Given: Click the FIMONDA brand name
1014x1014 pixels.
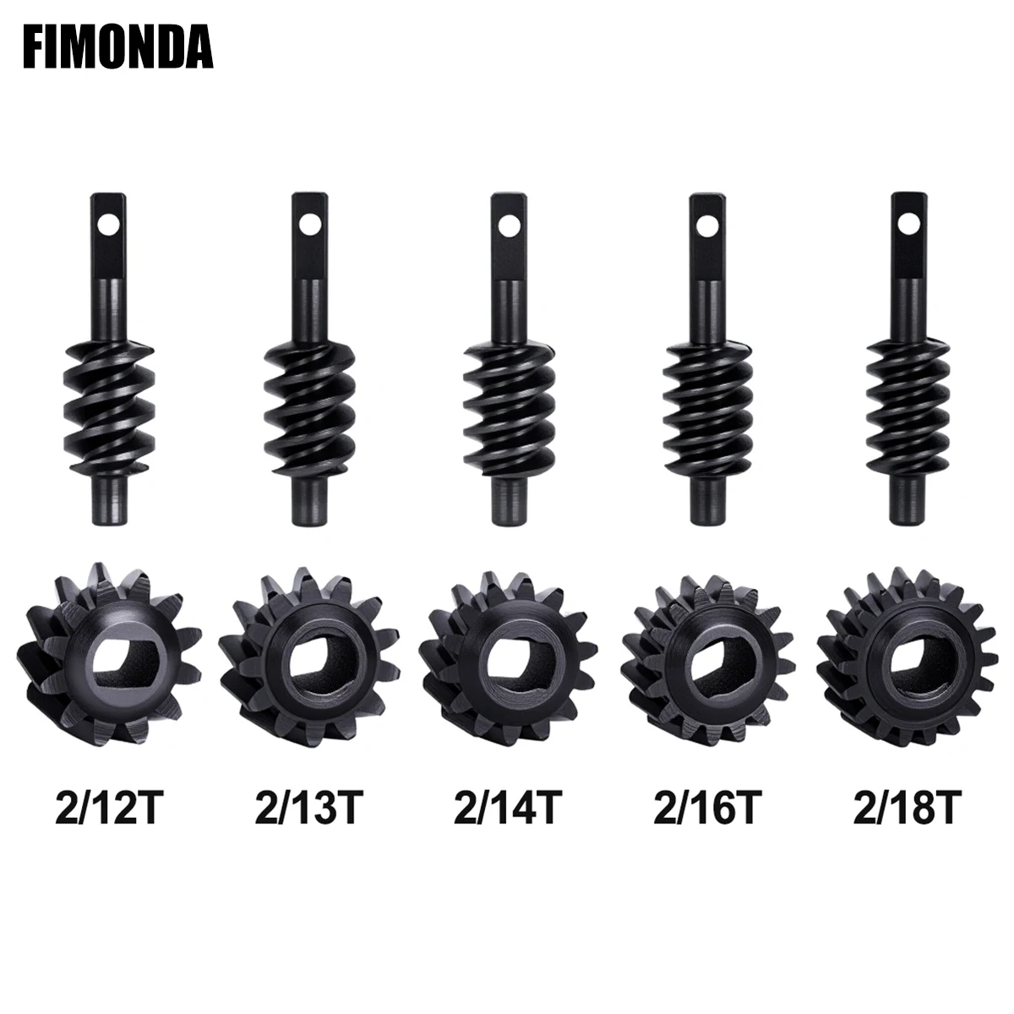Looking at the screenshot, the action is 117,47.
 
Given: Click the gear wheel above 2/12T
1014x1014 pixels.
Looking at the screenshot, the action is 107,651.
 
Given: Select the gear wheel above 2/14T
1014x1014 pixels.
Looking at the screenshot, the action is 508,651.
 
